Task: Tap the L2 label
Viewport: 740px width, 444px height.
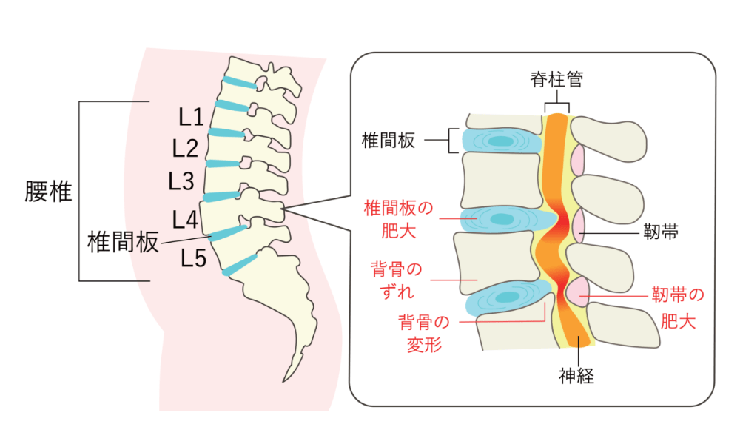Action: pos(185,149)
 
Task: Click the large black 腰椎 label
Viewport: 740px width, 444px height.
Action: pos(47,192)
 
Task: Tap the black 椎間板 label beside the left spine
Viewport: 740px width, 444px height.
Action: pos(123,242)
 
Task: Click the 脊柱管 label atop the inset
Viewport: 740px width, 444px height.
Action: pos(556,80)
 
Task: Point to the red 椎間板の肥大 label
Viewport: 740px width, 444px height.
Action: pos(399,218)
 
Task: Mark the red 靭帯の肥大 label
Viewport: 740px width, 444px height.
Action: pos(677,309)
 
